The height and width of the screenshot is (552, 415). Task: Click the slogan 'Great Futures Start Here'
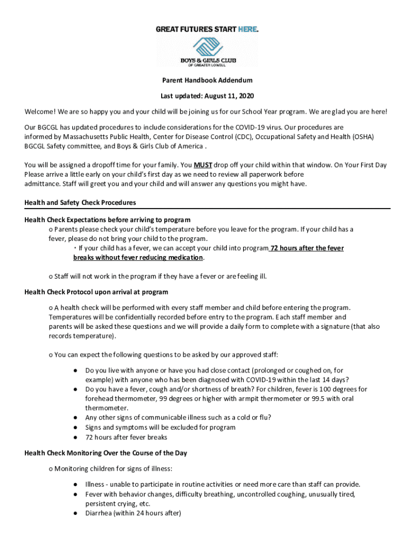point(207,29)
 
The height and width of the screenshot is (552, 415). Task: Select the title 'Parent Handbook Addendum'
point(207,80)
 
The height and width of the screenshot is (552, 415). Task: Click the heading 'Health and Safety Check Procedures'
point(80,203)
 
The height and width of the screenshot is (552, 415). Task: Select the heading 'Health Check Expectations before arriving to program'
point(107,220)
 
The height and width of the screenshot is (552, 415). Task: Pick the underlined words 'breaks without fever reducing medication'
point(139,257)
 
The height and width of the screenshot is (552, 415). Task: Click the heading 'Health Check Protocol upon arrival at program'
point(96,292)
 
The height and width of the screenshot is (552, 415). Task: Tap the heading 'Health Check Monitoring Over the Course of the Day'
point(106,453)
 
